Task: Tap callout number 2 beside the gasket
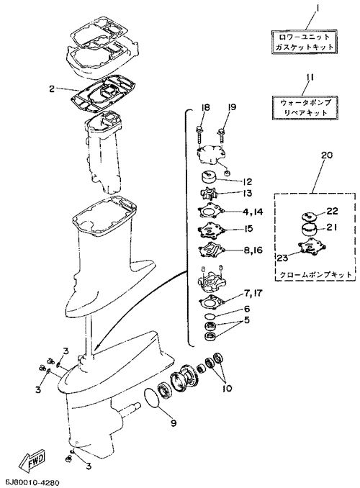52,89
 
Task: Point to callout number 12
246,181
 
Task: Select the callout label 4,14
253,212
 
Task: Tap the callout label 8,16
253,250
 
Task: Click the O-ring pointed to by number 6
209,316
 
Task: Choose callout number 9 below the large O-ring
173,423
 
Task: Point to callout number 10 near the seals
227,389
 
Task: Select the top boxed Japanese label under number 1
304,42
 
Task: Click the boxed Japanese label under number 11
304,107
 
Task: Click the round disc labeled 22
309,217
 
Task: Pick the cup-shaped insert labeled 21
309,230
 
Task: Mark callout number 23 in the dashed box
284,257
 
